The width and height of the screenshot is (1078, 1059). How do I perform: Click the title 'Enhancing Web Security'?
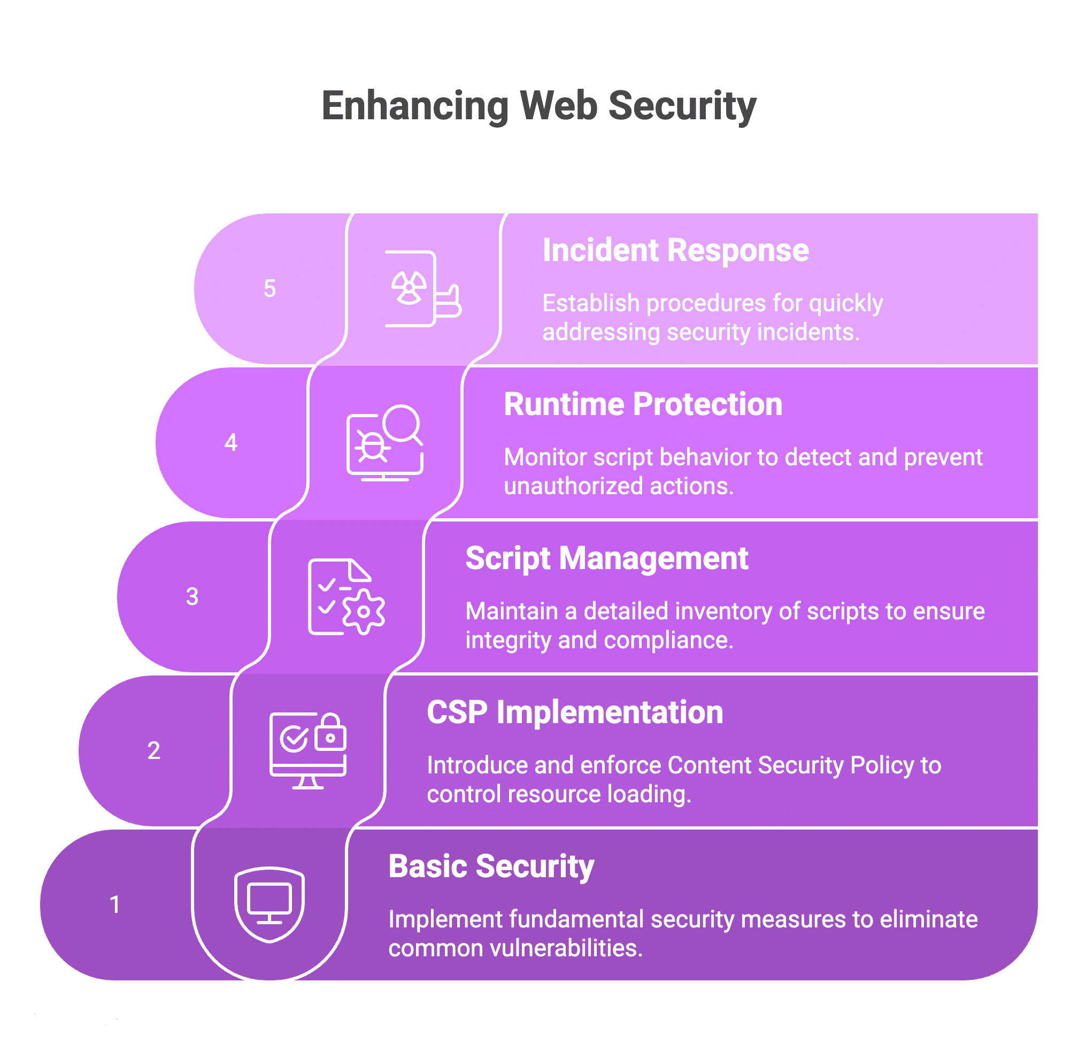pyautogui.click(x=538, y=106)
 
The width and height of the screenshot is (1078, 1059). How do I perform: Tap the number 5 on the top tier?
pyautogui.click(x=269, y=289)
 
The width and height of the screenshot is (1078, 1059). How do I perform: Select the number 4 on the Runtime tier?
pyautogui.click(x=230, y=443)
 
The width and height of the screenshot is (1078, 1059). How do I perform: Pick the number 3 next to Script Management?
pyautogui.click(x=192, y=597)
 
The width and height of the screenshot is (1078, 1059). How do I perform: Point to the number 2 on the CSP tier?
pyautogui.click(x=154, y=751)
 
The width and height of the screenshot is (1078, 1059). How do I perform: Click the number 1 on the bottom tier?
pyautogui.click(x=115, y=905)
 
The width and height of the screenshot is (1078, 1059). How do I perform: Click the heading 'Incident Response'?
pyautogui.click(x=675, y=250)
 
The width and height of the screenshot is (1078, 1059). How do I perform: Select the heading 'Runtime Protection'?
pyautogui.click(x=643, y=404)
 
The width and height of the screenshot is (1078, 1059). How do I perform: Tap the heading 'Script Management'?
pyautogui.click(x=606, y=558)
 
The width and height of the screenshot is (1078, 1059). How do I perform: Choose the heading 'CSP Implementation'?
pyautogui.click(x=575, y=712)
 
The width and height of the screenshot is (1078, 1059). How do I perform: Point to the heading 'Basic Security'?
pyautogui.click(x=491, y=866)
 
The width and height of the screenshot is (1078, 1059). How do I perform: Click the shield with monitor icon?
pyautogui.click(x=269, y=904)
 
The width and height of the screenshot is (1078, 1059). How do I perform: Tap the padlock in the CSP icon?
pyautogui.click(x=331, y=733)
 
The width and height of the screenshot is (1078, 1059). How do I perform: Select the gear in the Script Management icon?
pyautogui.click(x=364, y=612)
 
